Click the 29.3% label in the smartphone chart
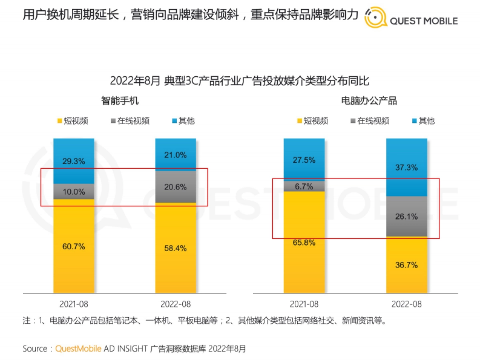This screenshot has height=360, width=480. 74,161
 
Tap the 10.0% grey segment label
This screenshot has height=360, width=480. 74,192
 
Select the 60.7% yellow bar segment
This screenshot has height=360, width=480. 74,246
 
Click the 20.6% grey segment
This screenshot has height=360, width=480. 176,187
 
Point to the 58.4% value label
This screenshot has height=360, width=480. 176,248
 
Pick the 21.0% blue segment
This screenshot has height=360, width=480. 176,155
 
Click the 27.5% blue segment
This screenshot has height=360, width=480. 304,160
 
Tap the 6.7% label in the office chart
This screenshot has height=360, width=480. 304,186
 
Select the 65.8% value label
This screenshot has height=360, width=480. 304,242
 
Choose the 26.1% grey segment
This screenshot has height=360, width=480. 406,216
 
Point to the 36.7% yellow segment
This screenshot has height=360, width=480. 406,265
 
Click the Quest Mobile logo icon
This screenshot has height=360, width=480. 375,16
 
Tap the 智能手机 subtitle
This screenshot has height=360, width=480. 120,100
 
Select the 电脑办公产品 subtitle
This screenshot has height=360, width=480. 369,100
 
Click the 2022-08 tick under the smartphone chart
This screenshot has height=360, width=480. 176,304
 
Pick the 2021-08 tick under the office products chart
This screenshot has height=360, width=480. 304,304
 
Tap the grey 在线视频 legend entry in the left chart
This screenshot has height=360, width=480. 129,121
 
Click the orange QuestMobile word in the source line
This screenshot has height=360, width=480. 78,348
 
